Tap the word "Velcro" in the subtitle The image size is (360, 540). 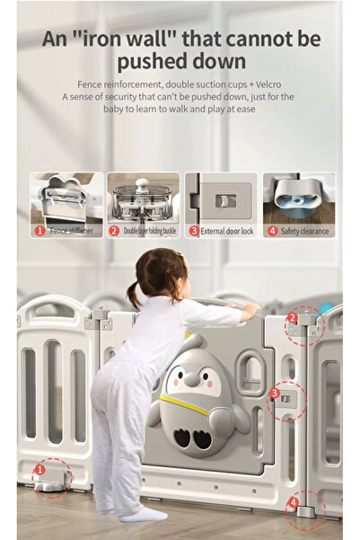click(x=268, y=84)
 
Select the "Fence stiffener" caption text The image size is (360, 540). click(x=72, y=231)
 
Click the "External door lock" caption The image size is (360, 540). click(x=227, y=231)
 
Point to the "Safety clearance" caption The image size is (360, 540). click(x=304, y=231)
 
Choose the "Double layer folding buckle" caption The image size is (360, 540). click(x=150, y=231)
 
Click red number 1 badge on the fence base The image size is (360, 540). click(x=40, y=469)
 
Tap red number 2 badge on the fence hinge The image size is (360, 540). click(x=292, y=318)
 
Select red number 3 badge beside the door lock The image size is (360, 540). click(x=274, y=393)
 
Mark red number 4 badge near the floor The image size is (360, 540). click(x=293, y=502)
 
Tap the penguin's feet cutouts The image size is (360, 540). click(x=192, y=438)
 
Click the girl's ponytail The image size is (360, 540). click(x=134, y=295)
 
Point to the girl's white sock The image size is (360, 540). click(x=144, y=515)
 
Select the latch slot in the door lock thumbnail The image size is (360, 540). click(x=225, y=200)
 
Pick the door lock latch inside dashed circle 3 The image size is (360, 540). click(x=285, y=399)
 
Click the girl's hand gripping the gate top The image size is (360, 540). click(x=250, y=310)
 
